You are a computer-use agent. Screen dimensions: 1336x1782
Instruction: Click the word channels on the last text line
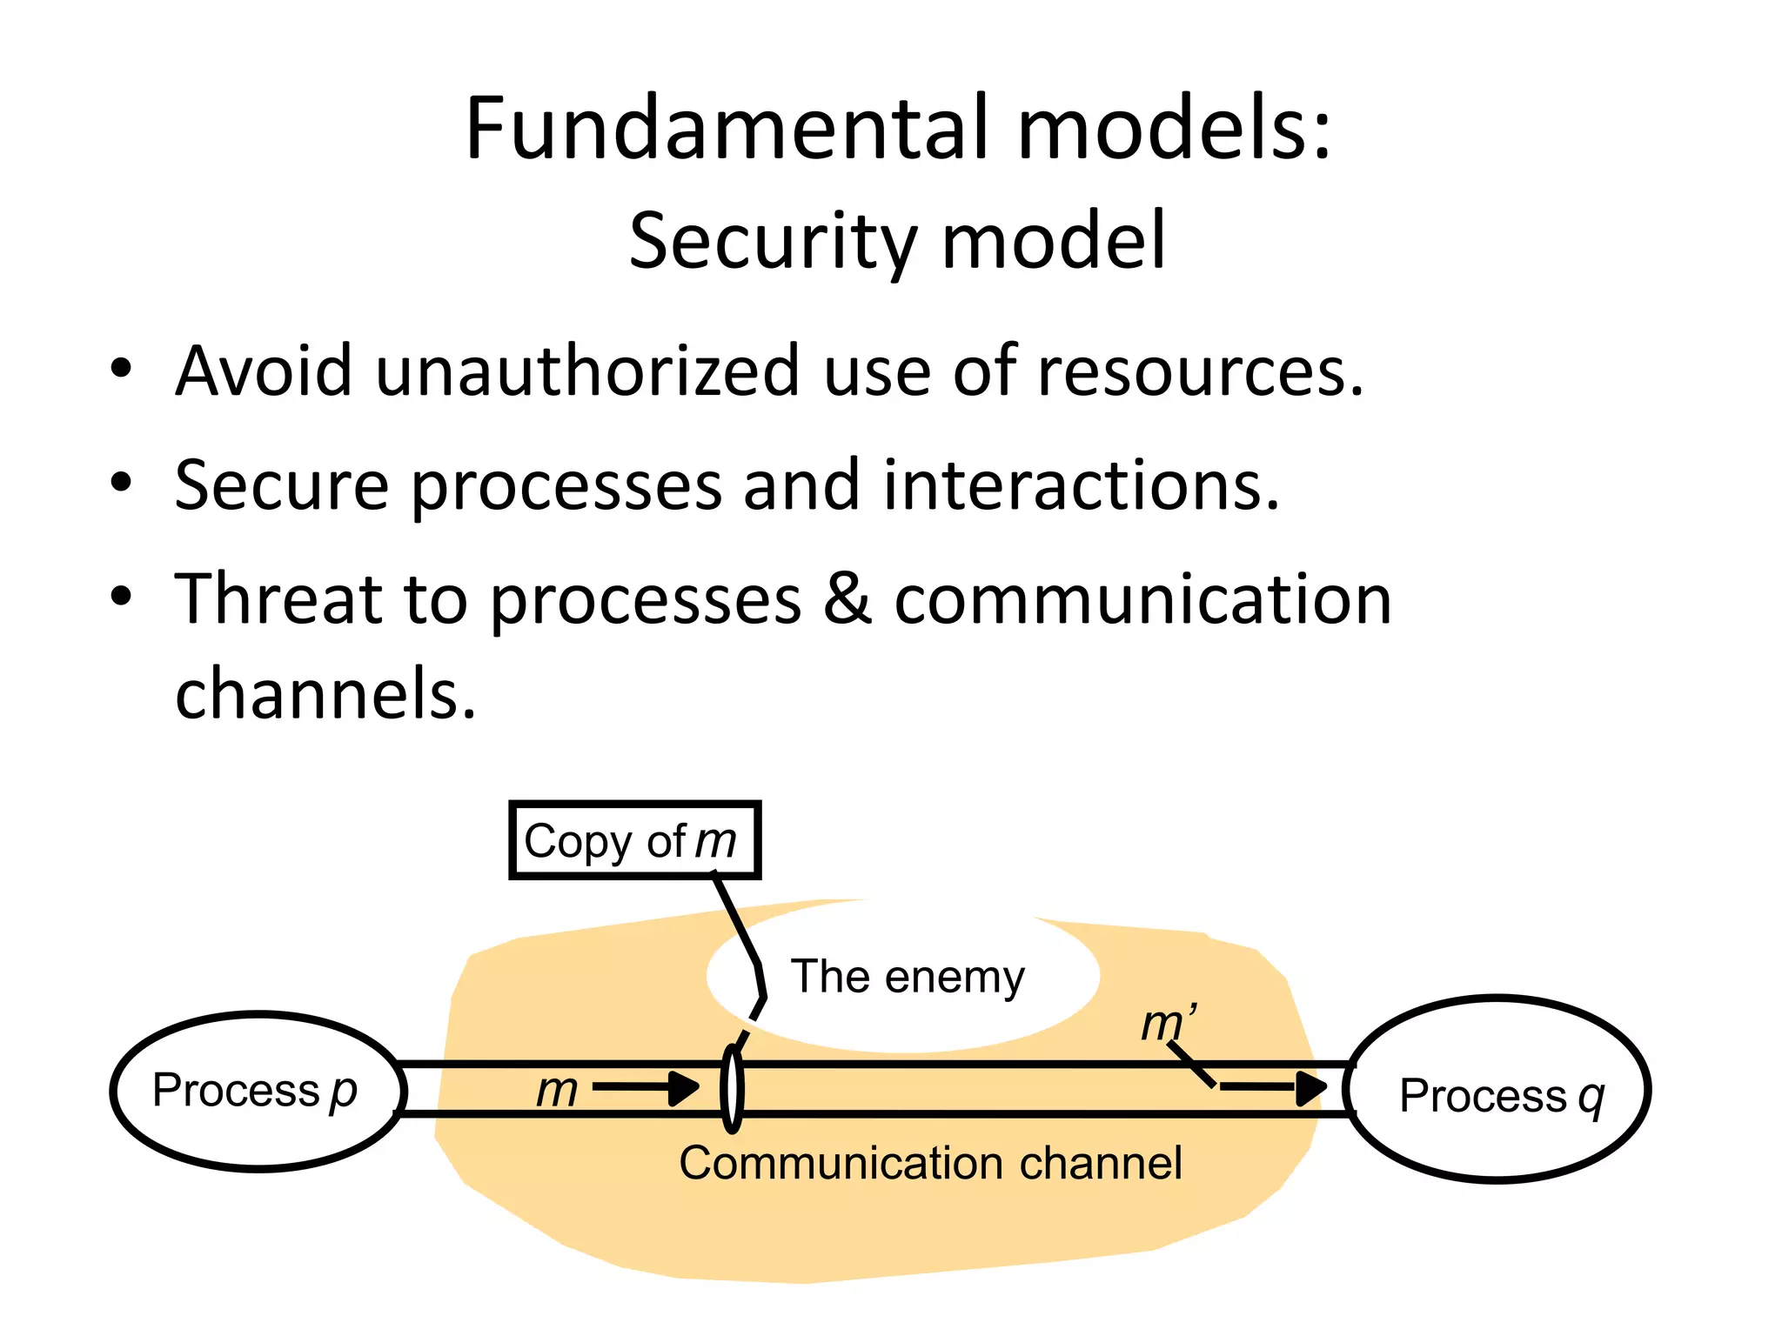click(x=325, y=693)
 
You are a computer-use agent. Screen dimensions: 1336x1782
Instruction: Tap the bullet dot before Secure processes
click(x=121, y=482)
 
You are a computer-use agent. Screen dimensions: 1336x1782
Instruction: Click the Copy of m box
click(x=634, y=840)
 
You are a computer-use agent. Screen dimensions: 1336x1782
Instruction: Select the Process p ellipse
click(x=258, y=1091)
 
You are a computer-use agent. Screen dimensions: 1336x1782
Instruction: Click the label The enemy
click(x=907, y=976)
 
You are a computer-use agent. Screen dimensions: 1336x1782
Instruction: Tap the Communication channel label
click(x=930, y=1163)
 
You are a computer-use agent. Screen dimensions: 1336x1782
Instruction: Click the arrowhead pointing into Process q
click(x=1310, y=1087)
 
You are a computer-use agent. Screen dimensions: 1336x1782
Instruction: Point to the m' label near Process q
click(x=1168, y=1023)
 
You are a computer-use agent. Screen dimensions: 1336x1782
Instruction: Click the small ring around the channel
click(x=733, y=1089)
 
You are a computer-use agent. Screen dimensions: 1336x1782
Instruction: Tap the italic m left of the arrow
click(x=557, y=1090)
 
